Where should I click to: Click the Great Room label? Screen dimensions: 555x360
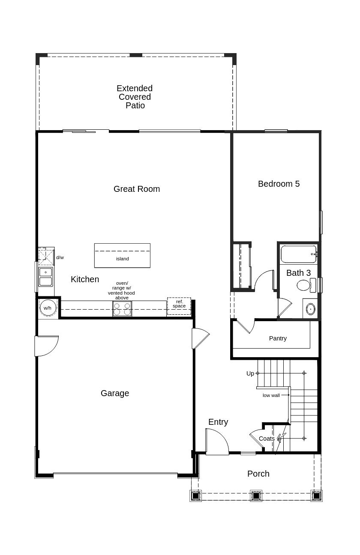pos(136,189)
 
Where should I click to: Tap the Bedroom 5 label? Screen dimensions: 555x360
pos(279,184)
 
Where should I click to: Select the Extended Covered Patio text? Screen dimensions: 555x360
pos(135,97)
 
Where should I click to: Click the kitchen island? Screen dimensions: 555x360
pos(122,256)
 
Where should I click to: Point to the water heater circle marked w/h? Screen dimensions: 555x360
pos(47,308)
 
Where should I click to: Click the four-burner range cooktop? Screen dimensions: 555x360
pos(122,309)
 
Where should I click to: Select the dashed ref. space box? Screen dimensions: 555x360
pos(179,306)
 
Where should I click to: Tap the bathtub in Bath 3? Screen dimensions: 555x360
pos(299,254)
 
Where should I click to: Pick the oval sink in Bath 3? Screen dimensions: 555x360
pos(310,309)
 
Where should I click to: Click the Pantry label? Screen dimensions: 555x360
pos(278,338)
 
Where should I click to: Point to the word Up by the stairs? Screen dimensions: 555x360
pos(250,373)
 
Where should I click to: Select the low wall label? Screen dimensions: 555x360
pos(271,395)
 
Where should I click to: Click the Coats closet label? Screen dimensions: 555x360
pos(267,439)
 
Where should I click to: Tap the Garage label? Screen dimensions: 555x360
pos(114,393)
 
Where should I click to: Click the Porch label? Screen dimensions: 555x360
pos(258,474)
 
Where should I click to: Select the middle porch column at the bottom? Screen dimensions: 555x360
pos(256,495)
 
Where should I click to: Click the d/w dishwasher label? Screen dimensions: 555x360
pos(60,257)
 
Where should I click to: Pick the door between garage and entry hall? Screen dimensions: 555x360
pos(200,338)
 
